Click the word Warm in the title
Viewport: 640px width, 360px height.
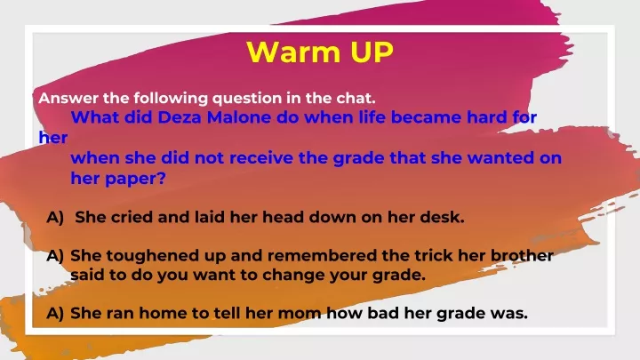point(293,52)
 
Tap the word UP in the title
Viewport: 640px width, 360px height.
point(372,52)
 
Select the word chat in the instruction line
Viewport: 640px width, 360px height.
point(356,98)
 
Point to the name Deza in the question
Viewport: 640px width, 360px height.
point(180,117)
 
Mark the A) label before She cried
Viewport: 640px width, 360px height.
point(55,218)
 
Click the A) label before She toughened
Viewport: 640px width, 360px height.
point(55,256)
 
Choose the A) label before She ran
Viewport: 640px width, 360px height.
point(55,314)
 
